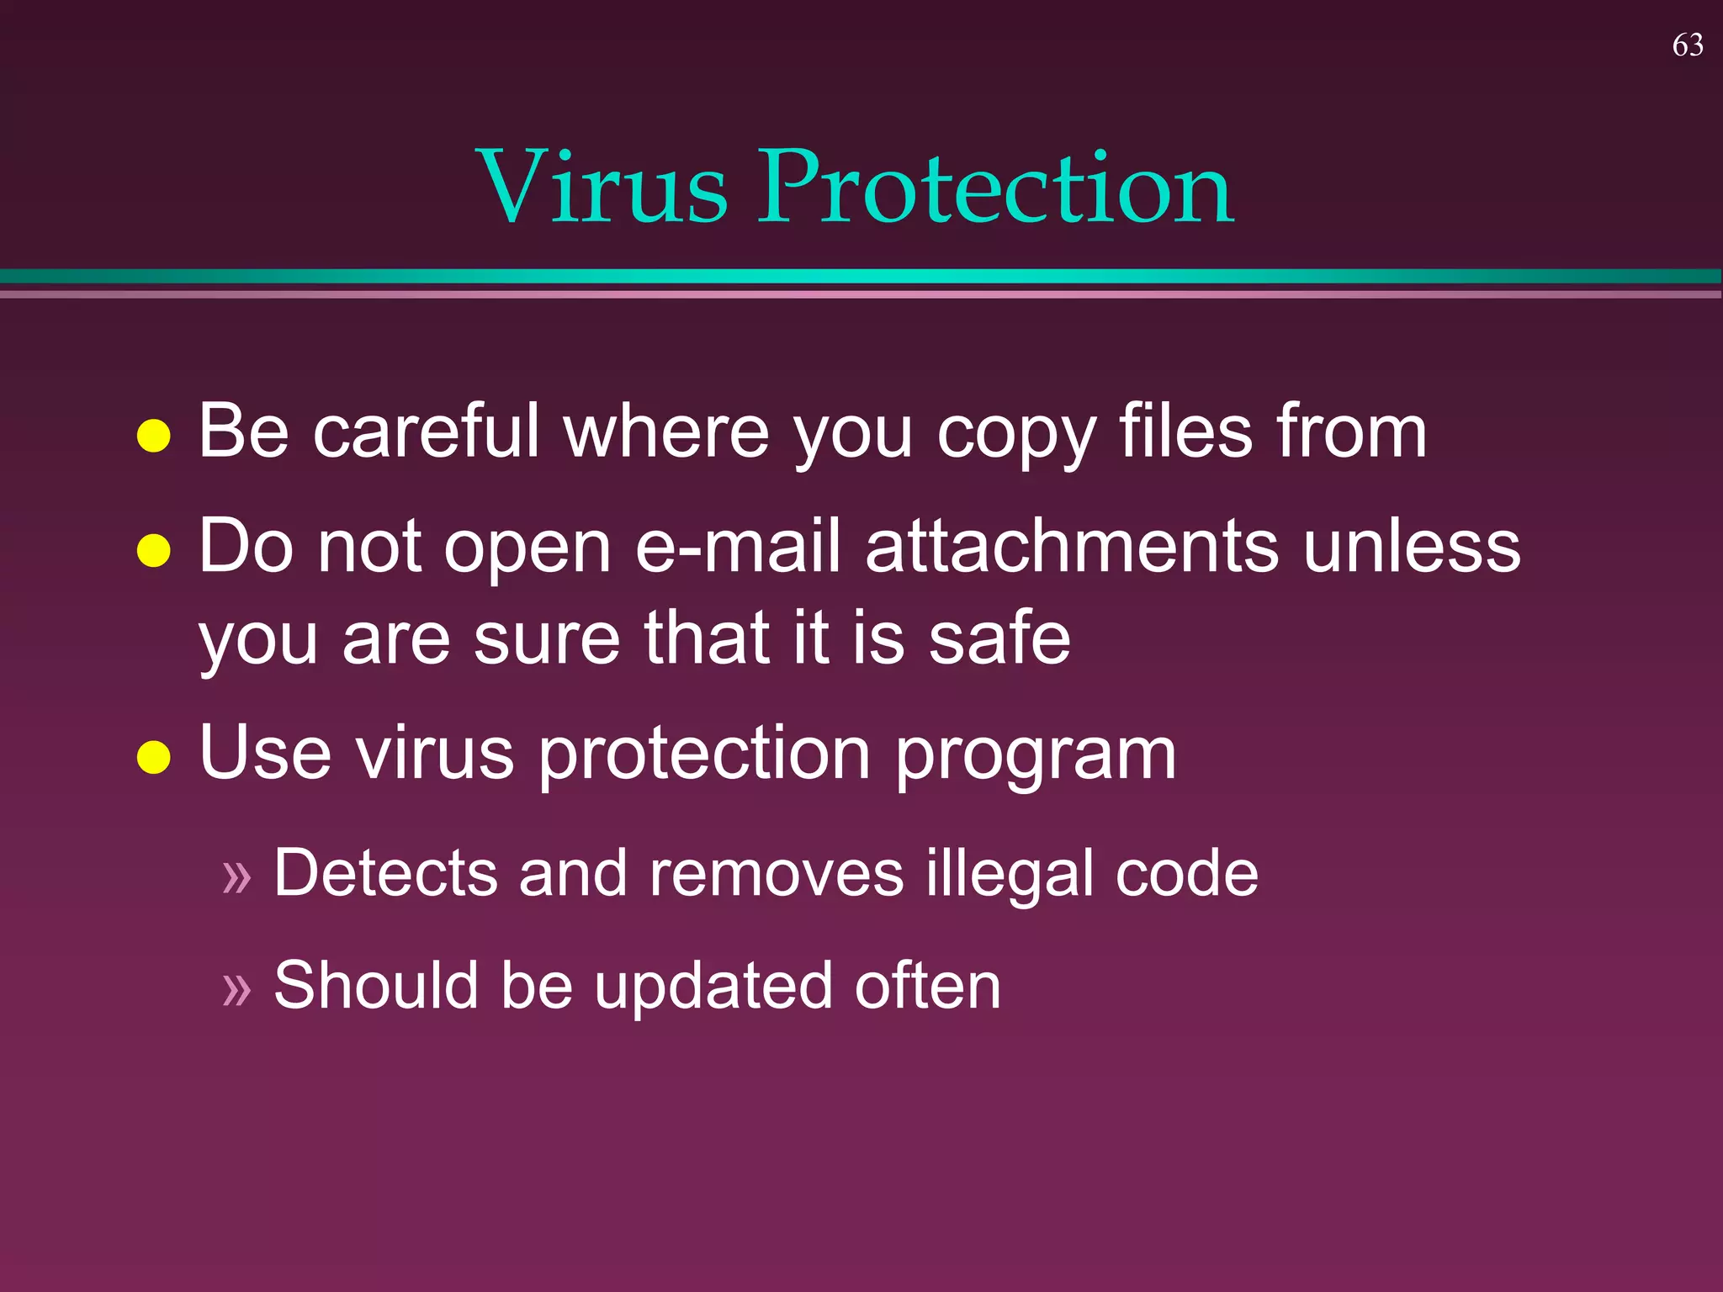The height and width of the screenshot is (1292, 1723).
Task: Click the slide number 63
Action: click(x=1688, y=45)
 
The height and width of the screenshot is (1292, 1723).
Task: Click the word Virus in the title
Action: click(x=602, y=187)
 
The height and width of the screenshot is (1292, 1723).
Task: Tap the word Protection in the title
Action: click(x=996, y=187)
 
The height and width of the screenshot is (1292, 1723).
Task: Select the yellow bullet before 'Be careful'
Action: click(x=154, y=436)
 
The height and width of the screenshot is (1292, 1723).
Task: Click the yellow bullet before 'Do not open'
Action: click(x=154, y=551)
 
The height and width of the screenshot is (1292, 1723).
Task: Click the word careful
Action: click(x=426, y=431)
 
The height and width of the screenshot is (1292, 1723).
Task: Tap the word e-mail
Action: click(x=739, y=547)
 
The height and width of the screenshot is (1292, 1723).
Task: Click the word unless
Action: click(x=1412, y=547)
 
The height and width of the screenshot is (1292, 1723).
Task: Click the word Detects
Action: click(x=385, y=873)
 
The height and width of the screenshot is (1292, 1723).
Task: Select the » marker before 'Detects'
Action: click(x=237, y=876)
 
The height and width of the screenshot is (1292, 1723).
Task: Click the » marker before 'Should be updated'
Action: click(x=237, y=989)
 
